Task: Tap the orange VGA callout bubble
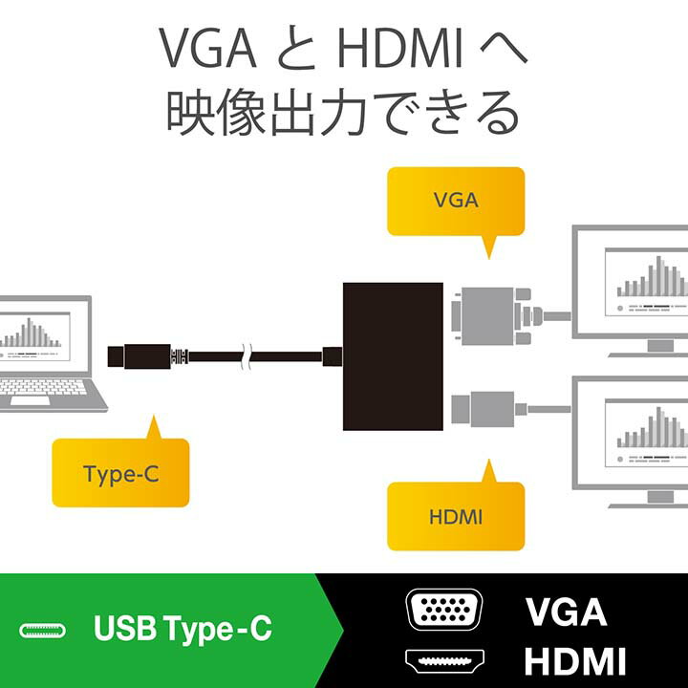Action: [456, 201]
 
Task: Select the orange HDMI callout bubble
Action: [456, 517]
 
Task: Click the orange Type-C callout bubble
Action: [120, 473]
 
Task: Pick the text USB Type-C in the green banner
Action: [183, 630]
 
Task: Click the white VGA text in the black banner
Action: [566, 611]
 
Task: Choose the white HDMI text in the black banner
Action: [575, 660]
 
